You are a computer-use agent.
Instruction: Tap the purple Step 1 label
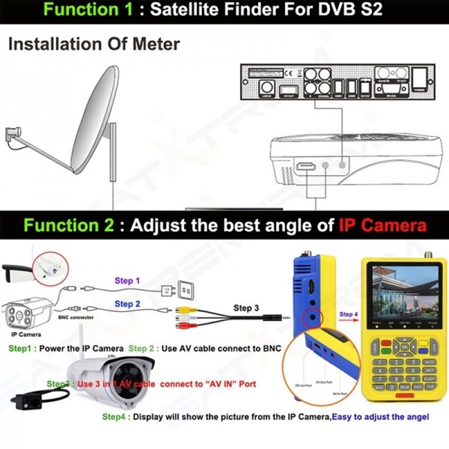(x=127, y=281)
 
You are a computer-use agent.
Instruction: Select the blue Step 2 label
(x=128, y=305)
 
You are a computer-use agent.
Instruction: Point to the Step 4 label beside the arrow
(x=349, y=314)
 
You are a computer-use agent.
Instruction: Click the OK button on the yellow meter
(x=405, y=347)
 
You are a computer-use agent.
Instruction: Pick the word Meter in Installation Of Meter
(x=150, y=44)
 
